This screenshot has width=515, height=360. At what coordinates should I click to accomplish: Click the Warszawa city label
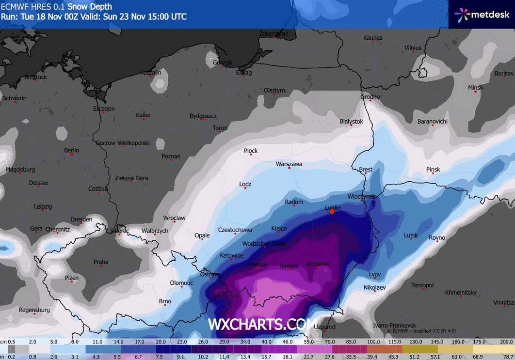pos(289,164)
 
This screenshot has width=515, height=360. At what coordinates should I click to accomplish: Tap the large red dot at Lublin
pos(332,211)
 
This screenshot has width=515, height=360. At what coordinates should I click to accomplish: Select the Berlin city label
pos(71,150)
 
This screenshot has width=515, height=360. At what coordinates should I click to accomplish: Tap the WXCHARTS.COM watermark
pos(262,324)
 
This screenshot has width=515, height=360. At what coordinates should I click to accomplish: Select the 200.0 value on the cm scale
pos(506,342)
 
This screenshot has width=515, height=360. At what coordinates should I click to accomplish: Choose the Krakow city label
pos(257,264)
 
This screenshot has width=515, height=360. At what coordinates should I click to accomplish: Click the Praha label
pos(101,262)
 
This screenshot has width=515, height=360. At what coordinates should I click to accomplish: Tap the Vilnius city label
pos(413,47)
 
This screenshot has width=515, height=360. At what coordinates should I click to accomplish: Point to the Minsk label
pos(475,88)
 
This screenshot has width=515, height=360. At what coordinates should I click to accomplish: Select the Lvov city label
pos(375,274)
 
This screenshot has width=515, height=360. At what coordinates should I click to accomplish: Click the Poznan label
pos(171,156)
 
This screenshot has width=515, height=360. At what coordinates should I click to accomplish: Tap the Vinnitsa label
pos(503,302)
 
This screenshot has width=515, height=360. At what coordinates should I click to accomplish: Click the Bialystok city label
pos(351,121)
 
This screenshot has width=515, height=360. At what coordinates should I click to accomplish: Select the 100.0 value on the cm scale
pos(373,342)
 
